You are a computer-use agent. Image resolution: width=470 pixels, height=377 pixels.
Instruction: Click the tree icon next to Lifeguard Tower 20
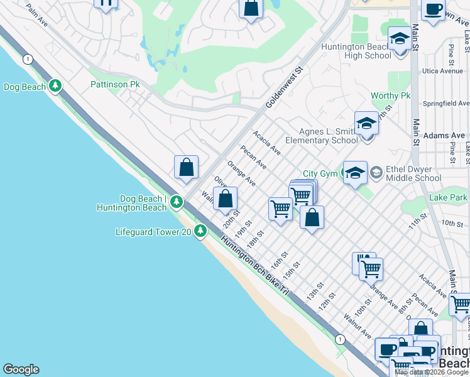[200, 232]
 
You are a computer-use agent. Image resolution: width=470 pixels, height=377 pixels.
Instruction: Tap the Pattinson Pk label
[115, 84]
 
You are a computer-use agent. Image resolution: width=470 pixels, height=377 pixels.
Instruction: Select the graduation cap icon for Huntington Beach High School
[400, 40]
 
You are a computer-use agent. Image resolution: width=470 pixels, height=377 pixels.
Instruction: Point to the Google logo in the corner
[20, 369]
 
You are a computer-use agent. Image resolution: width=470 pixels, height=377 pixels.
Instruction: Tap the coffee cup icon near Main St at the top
[433, 9]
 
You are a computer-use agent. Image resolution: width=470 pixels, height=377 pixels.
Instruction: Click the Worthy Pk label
[390, 96]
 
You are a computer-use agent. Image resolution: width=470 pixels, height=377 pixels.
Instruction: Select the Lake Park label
[448, 198]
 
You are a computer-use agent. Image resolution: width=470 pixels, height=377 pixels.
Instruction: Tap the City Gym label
[320, 173]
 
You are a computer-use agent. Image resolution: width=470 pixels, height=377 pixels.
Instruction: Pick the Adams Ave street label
[444, 135]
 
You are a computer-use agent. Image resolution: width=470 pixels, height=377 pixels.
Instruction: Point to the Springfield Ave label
[446, 102]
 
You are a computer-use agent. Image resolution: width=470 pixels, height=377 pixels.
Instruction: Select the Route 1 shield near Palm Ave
[28, 58]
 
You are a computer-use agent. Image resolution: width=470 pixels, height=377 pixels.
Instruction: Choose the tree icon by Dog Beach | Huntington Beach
[177, 202]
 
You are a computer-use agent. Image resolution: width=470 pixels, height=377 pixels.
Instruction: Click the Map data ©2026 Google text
[431, 372]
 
